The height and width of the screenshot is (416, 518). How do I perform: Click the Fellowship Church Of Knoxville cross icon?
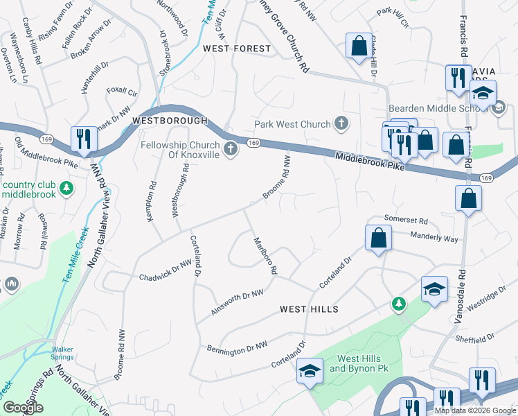tap(231, 148)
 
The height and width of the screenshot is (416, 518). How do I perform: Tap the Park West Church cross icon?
tap(340, 124)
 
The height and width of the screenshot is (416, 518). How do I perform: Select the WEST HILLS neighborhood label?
tap(309, 309)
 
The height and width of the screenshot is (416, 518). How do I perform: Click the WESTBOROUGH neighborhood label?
tap(170, 121)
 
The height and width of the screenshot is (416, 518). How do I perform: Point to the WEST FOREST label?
tap(237, 49)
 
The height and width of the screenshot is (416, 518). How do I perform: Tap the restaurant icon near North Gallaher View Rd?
tap(82, 139)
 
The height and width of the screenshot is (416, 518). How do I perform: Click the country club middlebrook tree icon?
tap(66, 188)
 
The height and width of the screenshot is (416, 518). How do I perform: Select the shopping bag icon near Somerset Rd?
tap(378, 239)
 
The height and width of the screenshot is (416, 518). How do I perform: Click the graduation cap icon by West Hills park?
tap(310, 371)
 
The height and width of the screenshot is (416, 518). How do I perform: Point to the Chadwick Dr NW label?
tap(165, 270)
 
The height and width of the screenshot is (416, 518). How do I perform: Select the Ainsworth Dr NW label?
tap(238, 304)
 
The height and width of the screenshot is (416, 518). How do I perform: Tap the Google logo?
tap(24, 408)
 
